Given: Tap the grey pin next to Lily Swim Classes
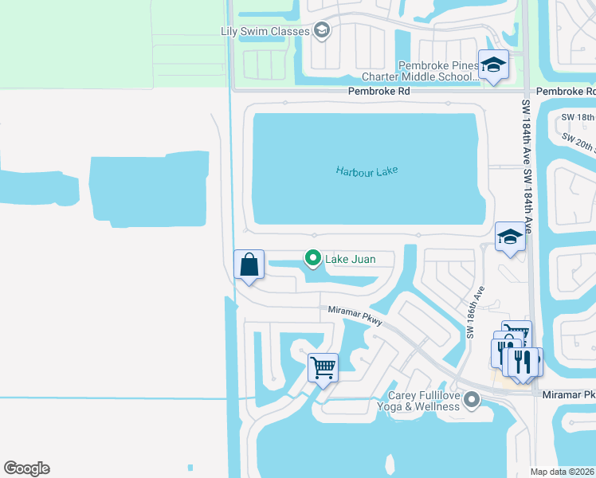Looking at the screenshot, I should (x=322, y=31).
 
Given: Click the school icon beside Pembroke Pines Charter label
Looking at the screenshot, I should (x=493, y=65).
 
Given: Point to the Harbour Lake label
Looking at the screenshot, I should (x=367, y=170).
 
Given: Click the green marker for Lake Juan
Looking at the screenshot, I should (x=313, y=257).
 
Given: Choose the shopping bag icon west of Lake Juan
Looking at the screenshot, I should (x=249, y=264).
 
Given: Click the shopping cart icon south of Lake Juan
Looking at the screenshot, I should (x=323, y=368).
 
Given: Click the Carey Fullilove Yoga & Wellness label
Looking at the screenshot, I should (x=424, y=401).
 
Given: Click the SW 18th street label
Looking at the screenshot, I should (x=578, y=117).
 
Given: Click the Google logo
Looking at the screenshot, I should (x=26, y=468).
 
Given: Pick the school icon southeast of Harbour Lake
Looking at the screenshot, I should (x=510, y=236).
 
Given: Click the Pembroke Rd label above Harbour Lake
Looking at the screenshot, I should (x=378, y=92).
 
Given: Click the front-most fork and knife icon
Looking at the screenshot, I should (x=523, y=361).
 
